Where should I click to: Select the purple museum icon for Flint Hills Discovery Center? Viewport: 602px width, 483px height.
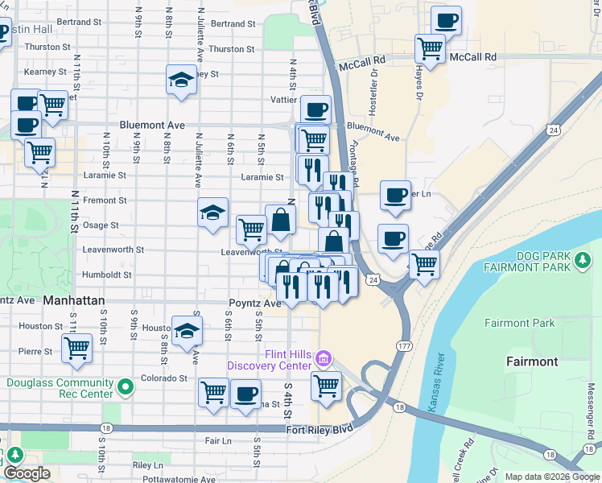324,357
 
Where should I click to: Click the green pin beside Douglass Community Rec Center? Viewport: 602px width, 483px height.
125,388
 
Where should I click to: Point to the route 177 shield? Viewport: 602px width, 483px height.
404,344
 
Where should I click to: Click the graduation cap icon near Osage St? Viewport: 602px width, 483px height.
213,213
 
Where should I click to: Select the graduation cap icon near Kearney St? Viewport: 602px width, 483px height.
181,80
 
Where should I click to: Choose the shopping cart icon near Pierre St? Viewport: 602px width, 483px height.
76,349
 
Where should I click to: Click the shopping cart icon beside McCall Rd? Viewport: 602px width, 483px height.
431,48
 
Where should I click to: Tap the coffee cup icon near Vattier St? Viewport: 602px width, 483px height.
315,109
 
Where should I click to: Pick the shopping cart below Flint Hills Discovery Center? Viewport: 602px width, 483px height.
326,386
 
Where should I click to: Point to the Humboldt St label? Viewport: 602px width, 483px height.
106,275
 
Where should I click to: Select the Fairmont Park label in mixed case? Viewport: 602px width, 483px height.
520,323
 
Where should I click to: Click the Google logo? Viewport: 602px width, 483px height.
27,473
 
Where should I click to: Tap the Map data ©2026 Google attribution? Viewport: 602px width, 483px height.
552,477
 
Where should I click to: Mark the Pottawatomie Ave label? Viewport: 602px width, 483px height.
175,479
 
